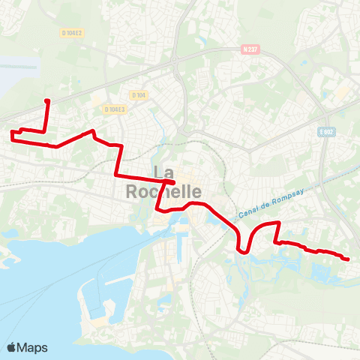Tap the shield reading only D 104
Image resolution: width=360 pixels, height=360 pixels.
pyautogui.click(x=139, y=95)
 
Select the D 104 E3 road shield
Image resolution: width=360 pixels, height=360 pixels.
pyautogui.click(x=116, y=109)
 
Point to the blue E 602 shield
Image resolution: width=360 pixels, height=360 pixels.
pyautogui.click(x=326, y=131)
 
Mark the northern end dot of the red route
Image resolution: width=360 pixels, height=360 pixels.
pyautogui.click(x=47, y=100)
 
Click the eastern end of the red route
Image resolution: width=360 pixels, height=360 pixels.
pyautogui.click(x=347, y=259)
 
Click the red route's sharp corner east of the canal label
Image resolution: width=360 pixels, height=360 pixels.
pyautogui.click(x=279, y=223)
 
